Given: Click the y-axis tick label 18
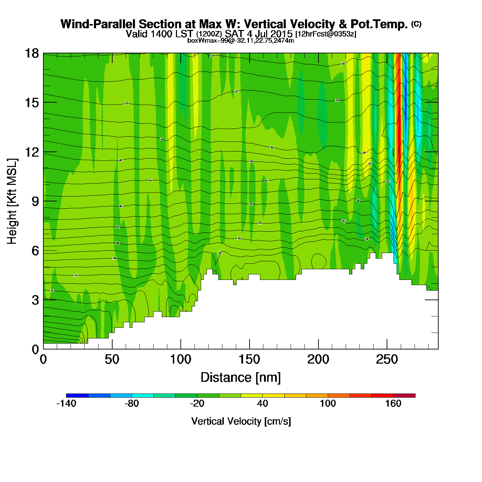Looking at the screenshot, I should coord(32,53).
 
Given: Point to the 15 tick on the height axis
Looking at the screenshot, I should coord(32,103).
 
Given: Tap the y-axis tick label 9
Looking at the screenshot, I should coord(35,201).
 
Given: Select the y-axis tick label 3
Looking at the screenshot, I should coord(35,300).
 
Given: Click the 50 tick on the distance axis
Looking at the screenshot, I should coord(112,359).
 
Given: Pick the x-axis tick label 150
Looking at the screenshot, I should coord(249,359).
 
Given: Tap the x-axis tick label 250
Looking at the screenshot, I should coord(387,359).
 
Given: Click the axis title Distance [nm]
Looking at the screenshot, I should coord(241,377).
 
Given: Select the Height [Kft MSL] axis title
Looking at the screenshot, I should coord(12,201).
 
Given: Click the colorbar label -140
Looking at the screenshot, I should coord(66,404).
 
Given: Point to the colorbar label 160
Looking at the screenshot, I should coord(393,404).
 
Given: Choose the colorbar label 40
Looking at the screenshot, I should coord(262,404).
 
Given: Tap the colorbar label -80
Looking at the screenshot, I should coord(132,404).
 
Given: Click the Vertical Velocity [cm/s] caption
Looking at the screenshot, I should coord(241,421).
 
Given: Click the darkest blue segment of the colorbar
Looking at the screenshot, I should coord(77,395).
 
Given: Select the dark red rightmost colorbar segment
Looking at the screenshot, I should coord(404,395).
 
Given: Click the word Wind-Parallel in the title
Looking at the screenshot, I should coord(98,24).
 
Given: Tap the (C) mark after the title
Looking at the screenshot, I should coord(416,24).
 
